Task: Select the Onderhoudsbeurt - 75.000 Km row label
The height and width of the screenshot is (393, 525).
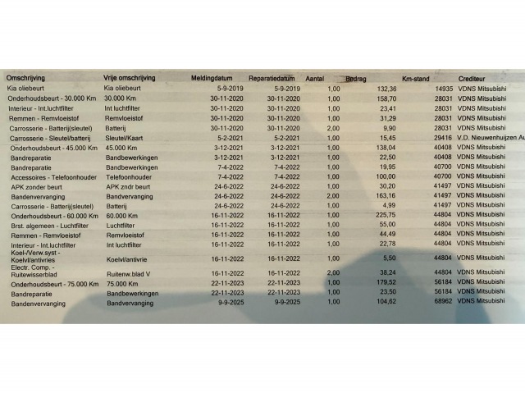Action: pos(49,282)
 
